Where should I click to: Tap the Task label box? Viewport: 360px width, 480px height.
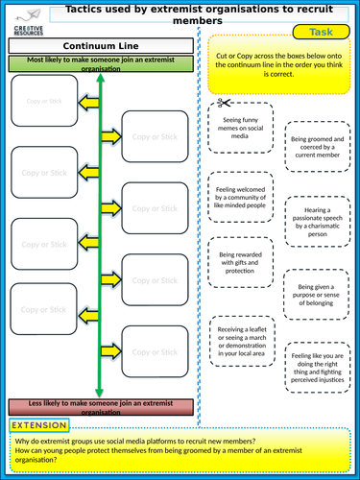point(323,31)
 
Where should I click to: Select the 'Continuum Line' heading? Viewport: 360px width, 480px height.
point(101,46)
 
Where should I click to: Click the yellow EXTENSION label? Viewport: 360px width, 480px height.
point(39,425)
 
